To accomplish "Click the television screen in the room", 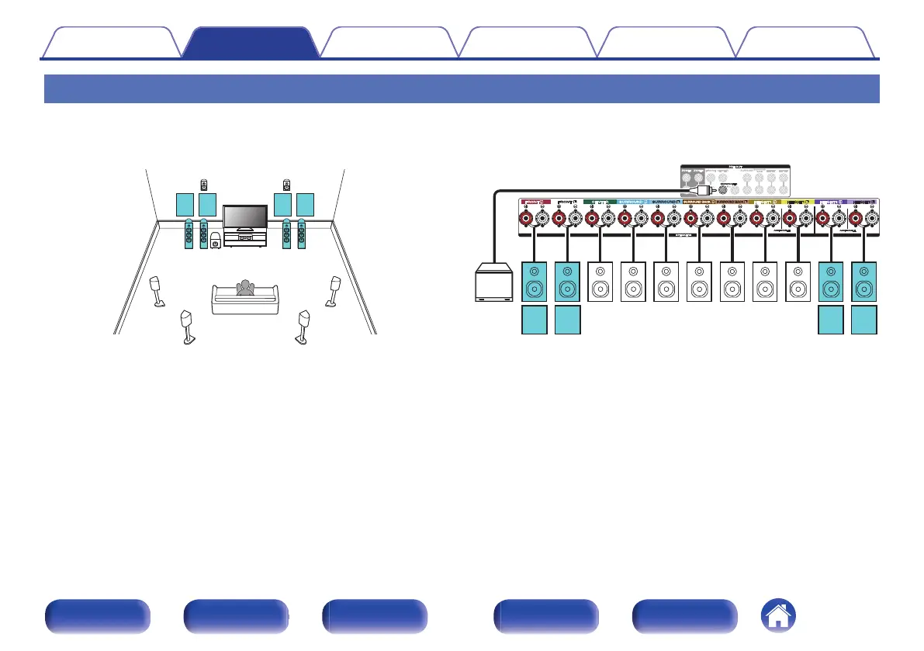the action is point(244,216).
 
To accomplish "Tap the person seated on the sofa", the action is point(245,288).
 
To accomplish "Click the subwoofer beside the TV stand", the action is point(214,241).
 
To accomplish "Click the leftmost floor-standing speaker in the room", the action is point(188,234).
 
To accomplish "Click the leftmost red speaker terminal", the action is point(527,220).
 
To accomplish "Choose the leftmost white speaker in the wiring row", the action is point(600,282).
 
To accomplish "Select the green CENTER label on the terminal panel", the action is point(600,203).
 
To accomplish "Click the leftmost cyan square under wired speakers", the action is point(535,320).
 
